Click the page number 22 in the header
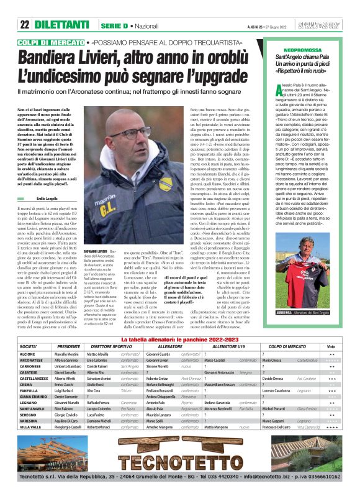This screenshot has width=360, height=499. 25,25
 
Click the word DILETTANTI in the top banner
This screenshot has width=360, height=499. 63,25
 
